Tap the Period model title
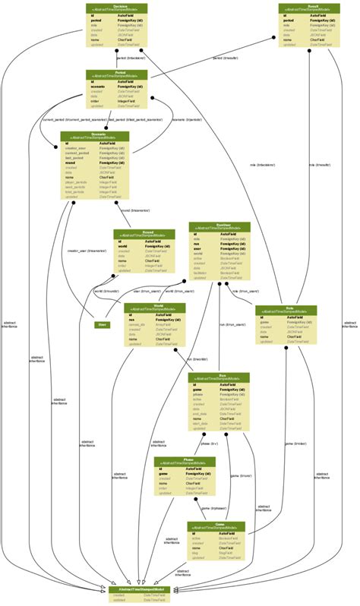coord(116,74)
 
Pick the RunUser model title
coord(219,226)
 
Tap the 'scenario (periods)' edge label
coord(187,119)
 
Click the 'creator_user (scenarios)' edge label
coord(86,250)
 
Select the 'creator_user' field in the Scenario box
coord(77,148)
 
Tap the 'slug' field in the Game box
coord(196,552)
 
